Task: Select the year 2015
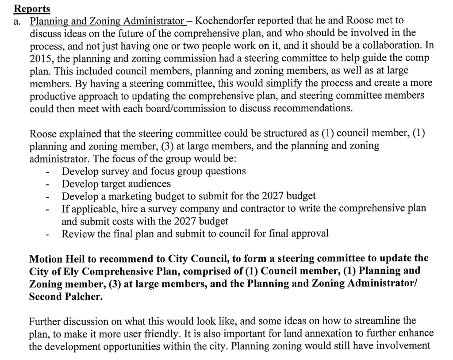click(x=40, y=59)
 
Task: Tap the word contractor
click(x=253, y=208)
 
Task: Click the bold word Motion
click(x=45, y=258)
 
